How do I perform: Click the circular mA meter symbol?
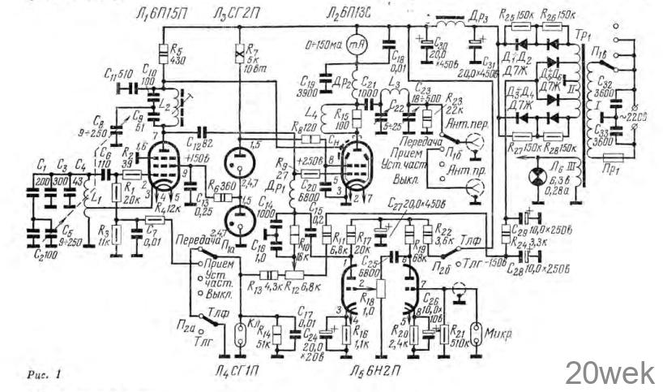point(349,47)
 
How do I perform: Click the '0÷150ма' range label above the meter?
point(321,37)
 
